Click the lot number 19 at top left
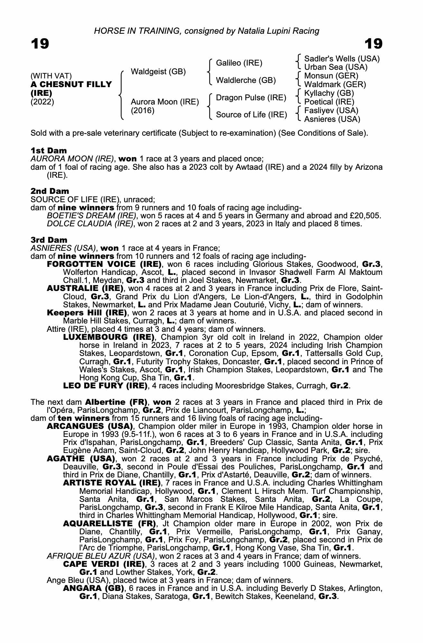click(40, 44)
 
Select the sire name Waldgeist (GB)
click(158, 72)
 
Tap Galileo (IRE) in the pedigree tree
click(239, 63)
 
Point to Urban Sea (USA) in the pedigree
click(336, 67)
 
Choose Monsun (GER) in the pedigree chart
click(331, 76)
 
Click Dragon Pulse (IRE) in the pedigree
click(251, 98)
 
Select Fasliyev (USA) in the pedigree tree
click(331, 111)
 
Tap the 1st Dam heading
click(49, 150)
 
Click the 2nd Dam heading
click(50, 191)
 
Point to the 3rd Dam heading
click(49, 240)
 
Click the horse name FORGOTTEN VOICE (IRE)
click(104, 264)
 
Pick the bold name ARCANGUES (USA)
click(90, 426)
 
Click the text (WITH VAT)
click(51, 76)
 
